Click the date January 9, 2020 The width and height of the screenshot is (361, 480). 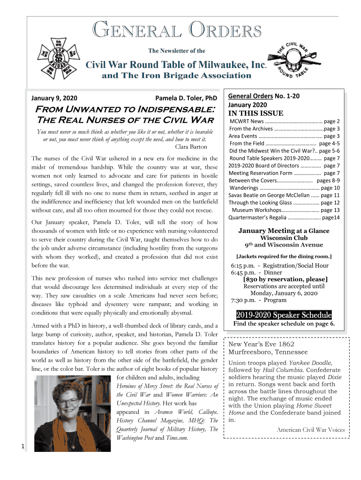click(x=54, y=98)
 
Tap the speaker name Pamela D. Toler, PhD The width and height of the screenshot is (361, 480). click(x=186, y=98)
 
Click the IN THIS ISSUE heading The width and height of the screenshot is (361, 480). click(x=256, y=113)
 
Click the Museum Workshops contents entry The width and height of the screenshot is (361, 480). click(x=286, y=210)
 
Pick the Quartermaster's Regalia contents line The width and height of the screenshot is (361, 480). click(x=284, y=217)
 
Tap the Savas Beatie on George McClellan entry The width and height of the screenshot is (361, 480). click(x=284, y=195)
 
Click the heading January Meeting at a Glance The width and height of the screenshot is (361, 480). click(x=284, y=231)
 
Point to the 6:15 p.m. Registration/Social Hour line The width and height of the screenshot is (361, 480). click(x=279, y=265)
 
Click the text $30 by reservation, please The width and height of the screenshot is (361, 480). click(x=285, y=279)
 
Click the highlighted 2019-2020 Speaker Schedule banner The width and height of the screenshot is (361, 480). click(x=284, y=315)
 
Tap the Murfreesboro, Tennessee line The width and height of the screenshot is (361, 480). click(x=268, y=352)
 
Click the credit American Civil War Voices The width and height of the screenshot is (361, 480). click(x=310, y=430)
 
